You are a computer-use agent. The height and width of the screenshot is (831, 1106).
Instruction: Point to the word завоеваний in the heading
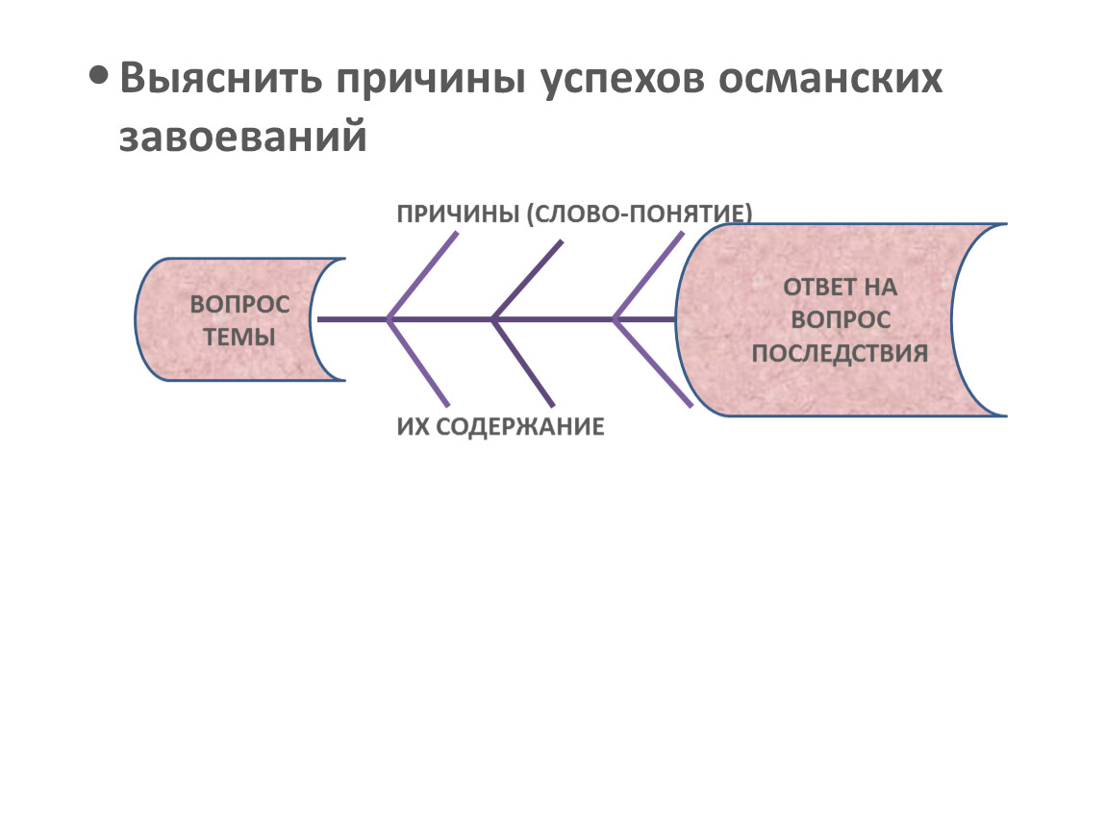[243, 136]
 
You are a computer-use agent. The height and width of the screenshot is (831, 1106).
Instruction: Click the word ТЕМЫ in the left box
[240, 338]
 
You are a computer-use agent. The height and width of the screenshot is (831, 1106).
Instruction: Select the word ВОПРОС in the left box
[239, 305]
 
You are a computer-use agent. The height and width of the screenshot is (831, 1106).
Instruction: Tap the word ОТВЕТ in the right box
[816, 287]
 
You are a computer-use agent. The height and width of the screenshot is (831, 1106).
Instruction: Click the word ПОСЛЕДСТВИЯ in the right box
[840, 352]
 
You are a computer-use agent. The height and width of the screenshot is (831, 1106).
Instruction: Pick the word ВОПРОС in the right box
[840, 319]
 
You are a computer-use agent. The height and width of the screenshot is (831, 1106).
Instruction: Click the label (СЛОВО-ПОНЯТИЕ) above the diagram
[639, 213]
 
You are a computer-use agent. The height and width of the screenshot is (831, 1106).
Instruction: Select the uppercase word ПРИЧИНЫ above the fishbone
[457, 213]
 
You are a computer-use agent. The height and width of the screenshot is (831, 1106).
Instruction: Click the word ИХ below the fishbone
[412, 426]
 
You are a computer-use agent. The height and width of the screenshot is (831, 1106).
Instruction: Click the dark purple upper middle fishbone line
[527, 278]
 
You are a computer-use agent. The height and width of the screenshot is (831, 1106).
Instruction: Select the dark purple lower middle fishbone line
[523, 362]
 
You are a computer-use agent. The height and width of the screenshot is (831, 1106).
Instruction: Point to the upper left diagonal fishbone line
[420, 278]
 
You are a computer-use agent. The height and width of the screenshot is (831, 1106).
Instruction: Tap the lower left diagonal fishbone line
[418, 362]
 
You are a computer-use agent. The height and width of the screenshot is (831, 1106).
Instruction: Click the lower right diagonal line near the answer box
[652, 362]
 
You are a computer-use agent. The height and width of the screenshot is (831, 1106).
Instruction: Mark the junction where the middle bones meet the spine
[493, 318]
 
